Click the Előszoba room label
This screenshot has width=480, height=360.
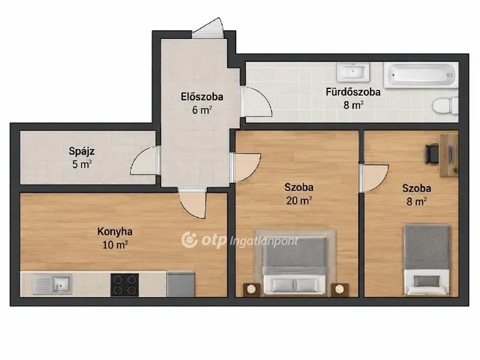202,97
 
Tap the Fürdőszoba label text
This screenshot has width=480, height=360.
353,91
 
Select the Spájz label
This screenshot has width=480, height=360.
82,151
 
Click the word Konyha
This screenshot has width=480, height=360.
115,232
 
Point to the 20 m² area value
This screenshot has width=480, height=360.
298,200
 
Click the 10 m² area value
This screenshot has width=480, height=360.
115,245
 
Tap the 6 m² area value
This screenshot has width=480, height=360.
202,110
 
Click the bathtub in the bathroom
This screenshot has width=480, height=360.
421,75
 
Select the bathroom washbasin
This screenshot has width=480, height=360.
353,72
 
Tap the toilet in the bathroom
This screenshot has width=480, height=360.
445,105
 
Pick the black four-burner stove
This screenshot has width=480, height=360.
124,285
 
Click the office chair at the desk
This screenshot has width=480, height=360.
432,154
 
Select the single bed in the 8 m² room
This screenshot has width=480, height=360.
427,260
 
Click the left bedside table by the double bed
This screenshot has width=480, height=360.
252,289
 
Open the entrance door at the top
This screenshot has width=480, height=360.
208,28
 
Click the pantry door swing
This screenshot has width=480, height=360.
145,160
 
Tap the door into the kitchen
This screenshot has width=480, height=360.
192,203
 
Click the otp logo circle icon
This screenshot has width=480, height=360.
189,240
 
